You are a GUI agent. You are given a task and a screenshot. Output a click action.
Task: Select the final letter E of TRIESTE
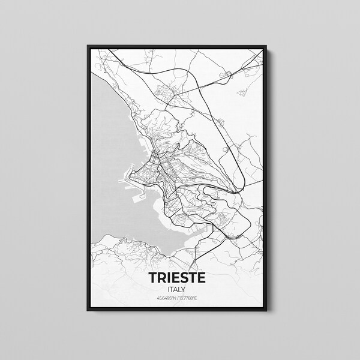tap(201, 278)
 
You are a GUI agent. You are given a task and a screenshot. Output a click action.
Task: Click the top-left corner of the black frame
tap(88, 44)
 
